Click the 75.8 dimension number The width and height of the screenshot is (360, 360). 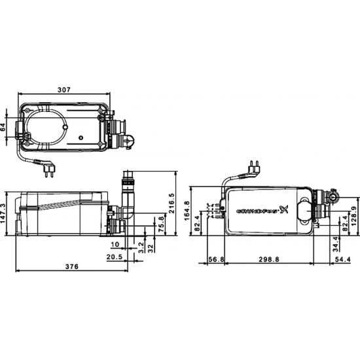pyautogui.click(x=161, y=224)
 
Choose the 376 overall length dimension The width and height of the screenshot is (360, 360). pyautogui.click(x=73, y=266)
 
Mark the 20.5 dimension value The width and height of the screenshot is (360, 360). pyautogui.click(x=115, y=257)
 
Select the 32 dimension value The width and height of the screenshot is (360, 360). pyautogui.click(x=151, y=247)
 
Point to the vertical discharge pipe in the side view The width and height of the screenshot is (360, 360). pyautogui.click(x=128, y=196)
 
